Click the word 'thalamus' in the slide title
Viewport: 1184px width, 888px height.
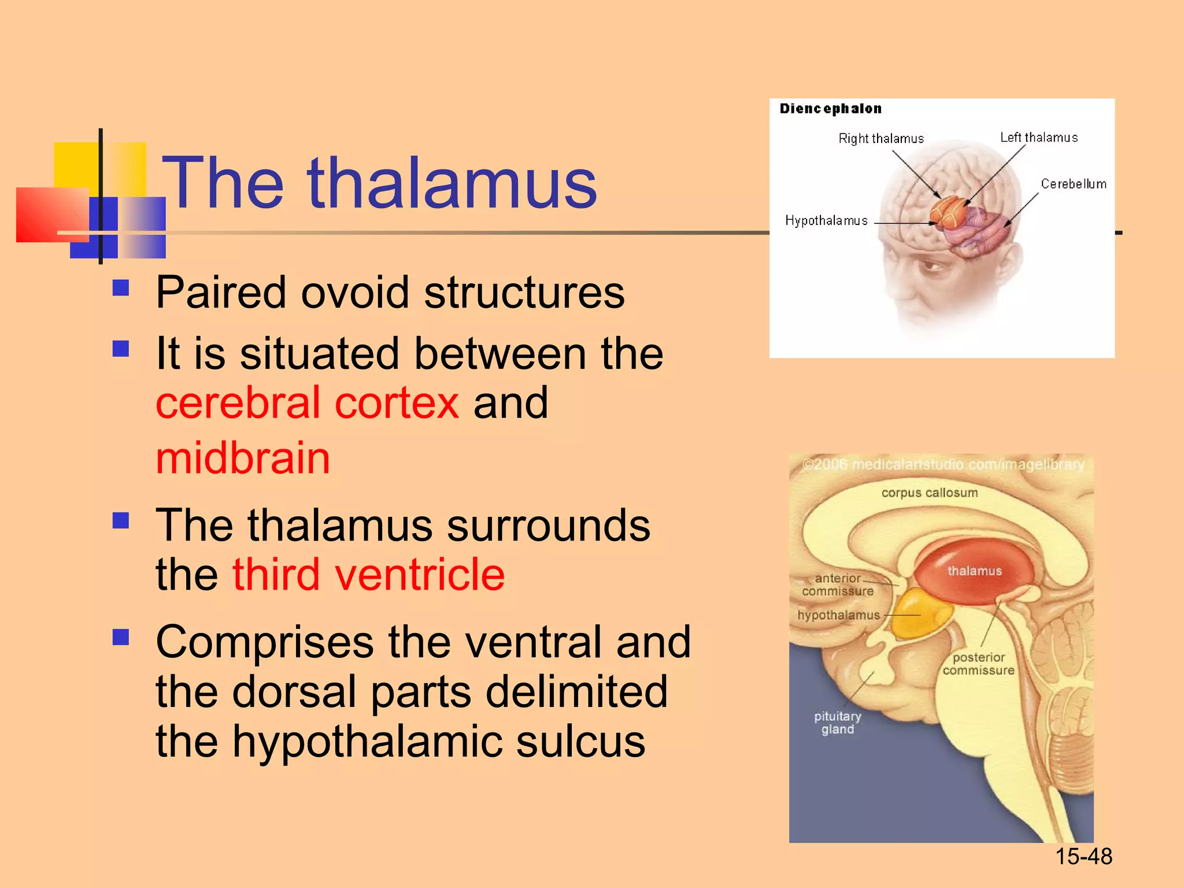click(452, 183)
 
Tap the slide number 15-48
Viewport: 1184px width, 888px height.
click(1083, 856)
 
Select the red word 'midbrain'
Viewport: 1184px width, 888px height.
click(243, 458)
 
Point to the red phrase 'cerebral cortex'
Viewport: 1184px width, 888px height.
click(308, 403)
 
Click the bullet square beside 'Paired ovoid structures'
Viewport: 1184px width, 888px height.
click(121, 287)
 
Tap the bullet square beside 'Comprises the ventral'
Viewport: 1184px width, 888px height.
click(121, 637)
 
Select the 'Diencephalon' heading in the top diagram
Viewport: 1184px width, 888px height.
click(830, 109)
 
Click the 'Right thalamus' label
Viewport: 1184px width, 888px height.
click(881, 139)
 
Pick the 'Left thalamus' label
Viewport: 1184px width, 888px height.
click(1039, 138)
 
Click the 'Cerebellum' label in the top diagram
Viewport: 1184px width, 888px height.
click(1074, 184)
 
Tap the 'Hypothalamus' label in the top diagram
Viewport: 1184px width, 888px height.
click(826, 221)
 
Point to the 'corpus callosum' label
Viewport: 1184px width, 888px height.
click(930, 493)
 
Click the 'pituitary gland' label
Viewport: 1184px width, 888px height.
click(838, 723)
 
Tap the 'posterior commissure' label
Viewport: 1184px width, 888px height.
click(978, 664)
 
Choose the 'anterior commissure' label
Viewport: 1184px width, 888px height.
click(838, 584)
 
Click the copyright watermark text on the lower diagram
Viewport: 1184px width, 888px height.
click(943, 465)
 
